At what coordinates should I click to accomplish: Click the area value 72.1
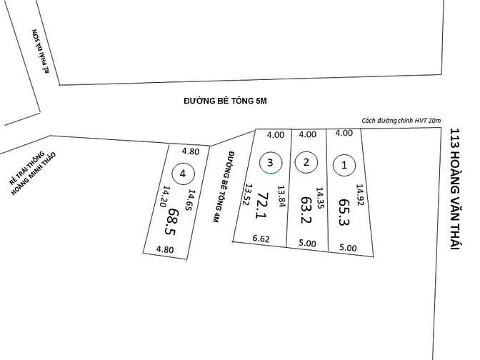262,205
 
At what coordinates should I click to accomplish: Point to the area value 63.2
306,210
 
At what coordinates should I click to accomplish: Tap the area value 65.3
344,212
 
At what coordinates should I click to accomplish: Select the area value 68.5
171,221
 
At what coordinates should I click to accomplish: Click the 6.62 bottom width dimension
261,239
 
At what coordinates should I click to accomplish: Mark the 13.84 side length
281,196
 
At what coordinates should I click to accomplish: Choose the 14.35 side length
320,198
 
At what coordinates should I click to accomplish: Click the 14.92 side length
360,195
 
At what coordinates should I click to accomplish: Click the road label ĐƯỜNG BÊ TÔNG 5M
225,101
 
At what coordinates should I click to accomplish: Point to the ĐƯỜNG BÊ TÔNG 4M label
223,186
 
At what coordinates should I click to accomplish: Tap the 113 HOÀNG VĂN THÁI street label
456,189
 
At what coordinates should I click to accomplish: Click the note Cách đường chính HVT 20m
401,121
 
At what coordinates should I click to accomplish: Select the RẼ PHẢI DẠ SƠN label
41,51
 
